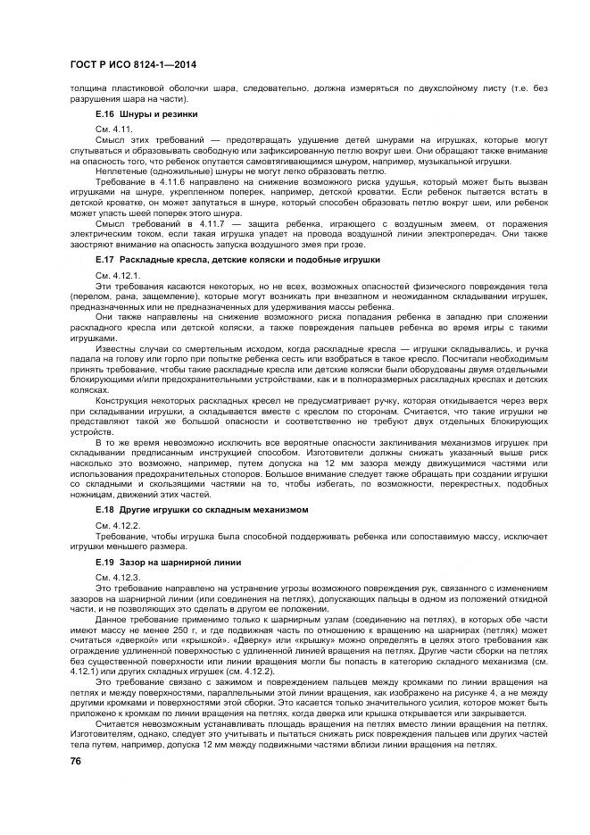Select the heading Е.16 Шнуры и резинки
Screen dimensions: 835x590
coord(146,115)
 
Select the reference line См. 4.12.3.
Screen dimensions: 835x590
coord(116,580)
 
